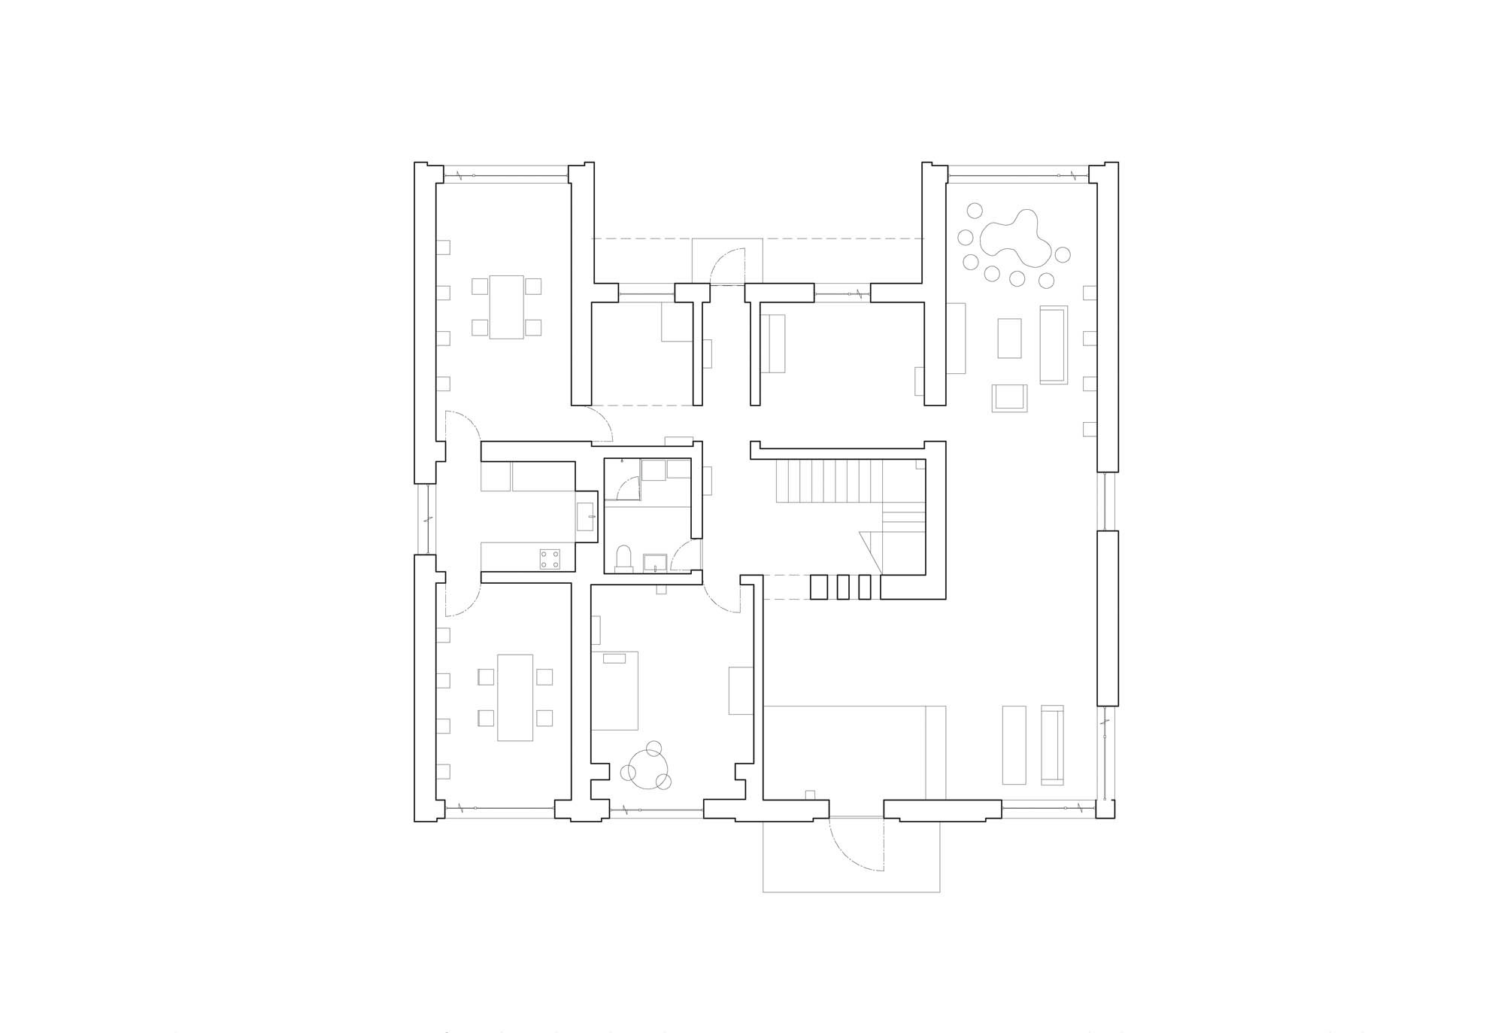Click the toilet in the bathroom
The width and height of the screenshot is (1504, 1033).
click(x=624, y=559)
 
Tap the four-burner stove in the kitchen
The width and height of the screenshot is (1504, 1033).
click(x=550, y=559)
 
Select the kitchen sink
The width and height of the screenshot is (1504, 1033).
click(x=587, y=516)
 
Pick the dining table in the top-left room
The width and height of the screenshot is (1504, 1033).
click(x=506, y=307)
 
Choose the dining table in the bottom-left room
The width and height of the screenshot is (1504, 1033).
click(x=515, y=698)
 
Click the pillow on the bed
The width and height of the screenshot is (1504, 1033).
click(x=614, y=659)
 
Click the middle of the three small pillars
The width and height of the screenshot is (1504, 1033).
click(x=843, y=587)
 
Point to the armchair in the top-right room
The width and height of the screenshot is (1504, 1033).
click(x=1009, y=398)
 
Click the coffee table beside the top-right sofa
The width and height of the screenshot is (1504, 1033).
click(x=1009, y=338)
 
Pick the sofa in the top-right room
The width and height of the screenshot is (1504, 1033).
click(x=1054, y=345)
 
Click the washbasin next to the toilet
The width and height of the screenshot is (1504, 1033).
click(x=654, y=561)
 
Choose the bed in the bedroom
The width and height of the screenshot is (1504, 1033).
click(x=615, y=691)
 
